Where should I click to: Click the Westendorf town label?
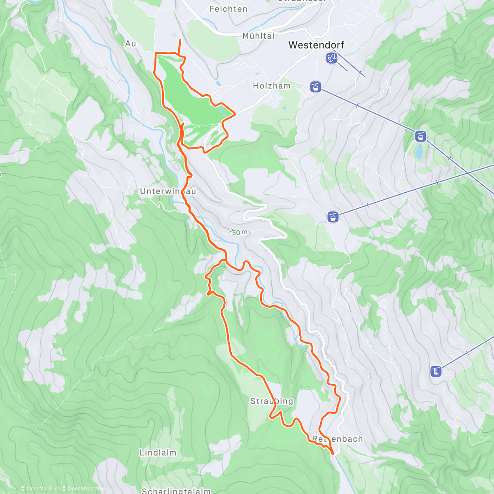pos(316,45)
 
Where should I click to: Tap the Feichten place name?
pos(228,9)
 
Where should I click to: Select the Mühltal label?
pos(258,36)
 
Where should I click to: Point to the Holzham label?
pos(271,86)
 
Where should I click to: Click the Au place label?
pos(130,43)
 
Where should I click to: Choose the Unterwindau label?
pos(168,191)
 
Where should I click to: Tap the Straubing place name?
pos(272,401)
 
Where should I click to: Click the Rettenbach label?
pos(338,439)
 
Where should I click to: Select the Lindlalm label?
pos(158,453)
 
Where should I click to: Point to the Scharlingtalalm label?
pos(176,491)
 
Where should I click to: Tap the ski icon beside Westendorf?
pos(331,58)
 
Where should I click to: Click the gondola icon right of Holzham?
pos(315,87)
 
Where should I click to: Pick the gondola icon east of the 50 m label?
pos(333,217)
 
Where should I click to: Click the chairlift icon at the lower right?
pos(436,371)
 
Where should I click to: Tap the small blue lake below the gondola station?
pos(419,151)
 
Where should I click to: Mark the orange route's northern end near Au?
pos(180,40)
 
